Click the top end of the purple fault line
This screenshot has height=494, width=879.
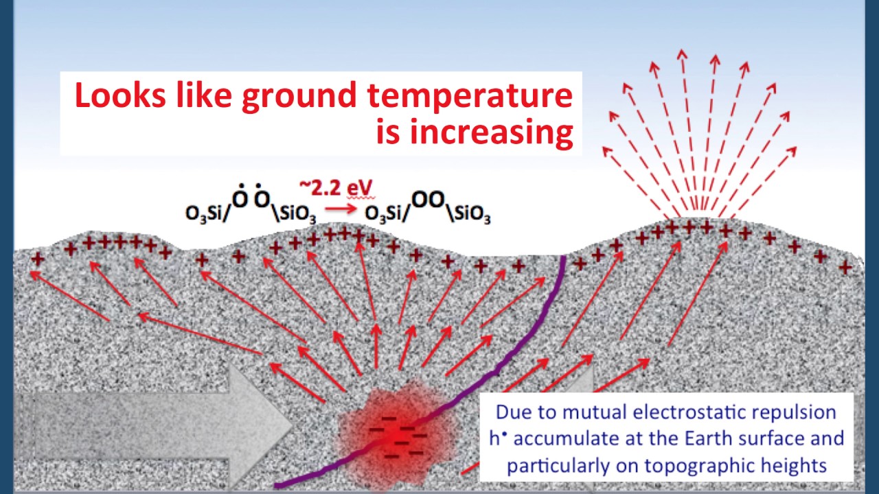tap(564, 259)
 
